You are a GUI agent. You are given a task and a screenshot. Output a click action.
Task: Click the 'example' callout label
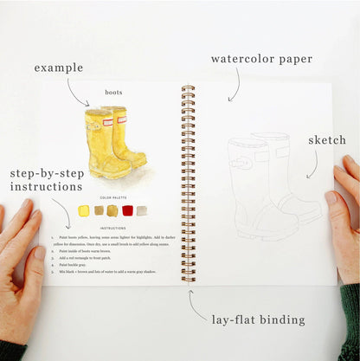tap(59, 68)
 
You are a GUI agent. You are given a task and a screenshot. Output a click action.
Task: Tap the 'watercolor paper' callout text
tap(262, 61)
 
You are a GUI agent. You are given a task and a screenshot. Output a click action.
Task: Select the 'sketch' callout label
tap(326, 140)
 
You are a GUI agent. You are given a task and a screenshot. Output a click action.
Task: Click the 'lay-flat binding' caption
tap(258, 319)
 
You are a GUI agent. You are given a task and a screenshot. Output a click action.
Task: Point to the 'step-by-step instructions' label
tap(47, 179)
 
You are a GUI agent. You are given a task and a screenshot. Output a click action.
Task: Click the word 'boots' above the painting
tap(113, 92)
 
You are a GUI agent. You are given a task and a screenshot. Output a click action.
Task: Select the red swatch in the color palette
tap(127, 210)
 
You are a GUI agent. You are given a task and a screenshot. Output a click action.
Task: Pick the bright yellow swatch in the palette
tap(84, 210)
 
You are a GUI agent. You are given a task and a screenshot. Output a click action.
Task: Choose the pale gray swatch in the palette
tap(141, 210)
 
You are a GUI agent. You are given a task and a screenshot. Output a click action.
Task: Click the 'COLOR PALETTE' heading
tap(113, 197)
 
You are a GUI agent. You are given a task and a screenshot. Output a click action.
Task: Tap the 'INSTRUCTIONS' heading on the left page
tap(113, 228)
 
